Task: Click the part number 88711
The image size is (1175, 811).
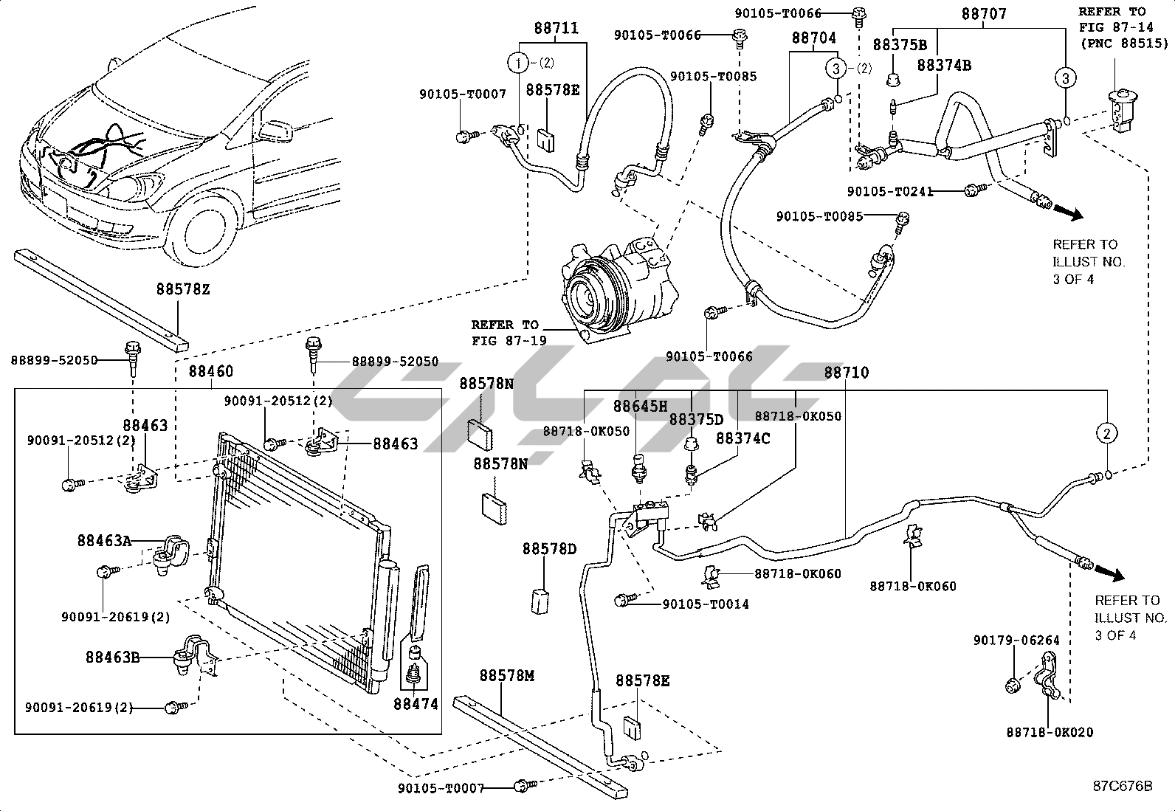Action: (557, 28)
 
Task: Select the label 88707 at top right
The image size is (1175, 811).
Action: (984, 13)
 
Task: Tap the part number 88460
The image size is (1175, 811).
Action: (211, 371)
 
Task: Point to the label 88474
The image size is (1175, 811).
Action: (416, 704)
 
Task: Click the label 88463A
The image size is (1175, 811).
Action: (104, 540)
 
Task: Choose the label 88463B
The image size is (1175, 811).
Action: (113, 658)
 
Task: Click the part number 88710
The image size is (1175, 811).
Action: (847, 373)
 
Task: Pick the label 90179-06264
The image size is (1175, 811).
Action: (1016, 641)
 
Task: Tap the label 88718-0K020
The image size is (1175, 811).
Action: (1050, 732)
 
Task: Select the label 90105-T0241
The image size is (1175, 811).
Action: (890, 192)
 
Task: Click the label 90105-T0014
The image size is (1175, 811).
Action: (706, 604)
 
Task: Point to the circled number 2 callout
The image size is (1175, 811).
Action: (1107, 433)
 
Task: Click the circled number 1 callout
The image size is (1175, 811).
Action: (517, 63)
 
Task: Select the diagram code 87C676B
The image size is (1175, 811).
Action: (1123, 786)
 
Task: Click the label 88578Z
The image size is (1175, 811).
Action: (183, 289)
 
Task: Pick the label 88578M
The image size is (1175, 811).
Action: (507, 676)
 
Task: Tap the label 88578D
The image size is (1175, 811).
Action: (549, 549)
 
